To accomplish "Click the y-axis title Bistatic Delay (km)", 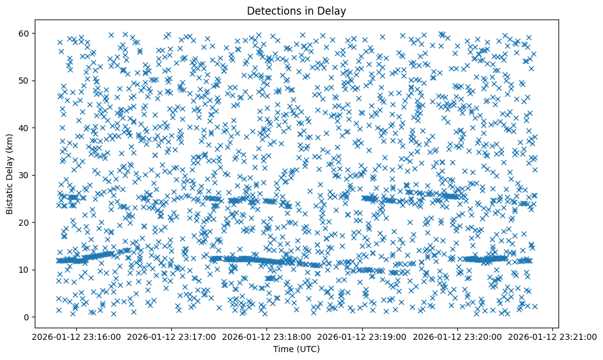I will point(10,174).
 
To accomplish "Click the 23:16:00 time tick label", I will point(75,336).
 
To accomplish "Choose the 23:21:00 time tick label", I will point(553,336).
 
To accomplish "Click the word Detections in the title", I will point(273,10).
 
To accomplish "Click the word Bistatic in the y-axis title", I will point(10,196).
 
